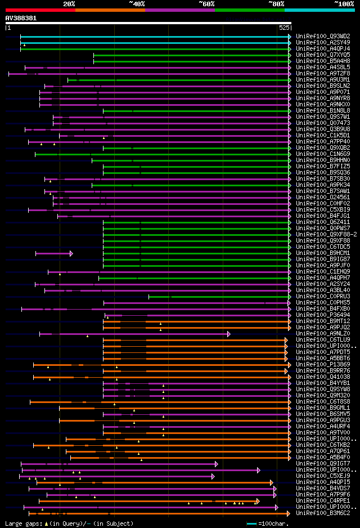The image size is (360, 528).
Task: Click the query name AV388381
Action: (x=21, y=18)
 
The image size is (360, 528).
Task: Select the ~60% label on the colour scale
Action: (x=206, y=4)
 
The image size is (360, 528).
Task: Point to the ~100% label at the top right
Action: (x=344, y=4)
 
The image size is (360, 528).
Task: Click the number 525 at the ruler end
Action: (x=284, y=27)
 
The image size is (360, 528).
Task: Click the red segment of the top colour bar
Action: (x=40, y=10)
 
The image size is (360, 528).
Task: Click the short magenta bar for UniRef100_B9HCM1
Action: (x=53, y=253)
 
